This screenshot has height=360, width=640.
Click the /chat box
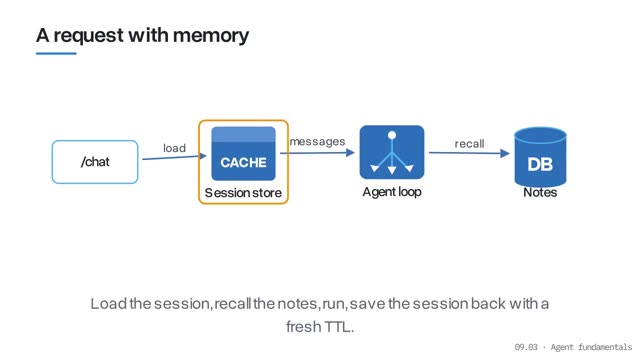[95, 162]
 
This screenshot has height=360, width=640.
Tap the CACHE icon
[243, 153]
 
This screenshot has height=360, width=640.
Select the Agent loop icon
[392, 152]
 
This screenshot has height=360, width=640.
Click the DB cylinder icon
[540, 157]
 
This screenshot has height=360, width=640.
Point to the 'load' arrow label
[174, 148]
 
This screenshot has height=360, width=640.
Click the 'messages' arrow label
[318, 142]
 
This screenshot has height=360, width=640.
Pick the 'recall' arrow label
[469, 144]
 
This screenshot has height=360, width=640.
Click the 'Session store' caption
[243, 193]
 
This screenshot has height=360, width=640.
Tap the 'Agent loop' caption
[392, 192]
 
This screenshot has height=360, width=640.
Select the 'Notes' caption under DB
[540, 192]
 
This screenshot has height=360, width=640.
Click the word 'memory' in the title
[211, 36]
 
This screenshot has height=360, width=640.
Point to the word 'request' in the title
[89, 36]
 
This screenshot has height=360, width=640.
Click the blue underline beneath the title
[56, 53]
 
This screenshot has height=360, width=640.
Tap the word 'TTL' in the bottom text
[339, 327]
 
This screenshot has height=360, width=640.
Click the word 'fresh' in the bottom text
[303, 327]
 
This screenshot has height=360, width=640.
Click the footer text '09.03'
[526, 347]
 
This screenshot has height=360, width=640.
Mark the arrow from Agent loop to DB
[469, 153]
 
